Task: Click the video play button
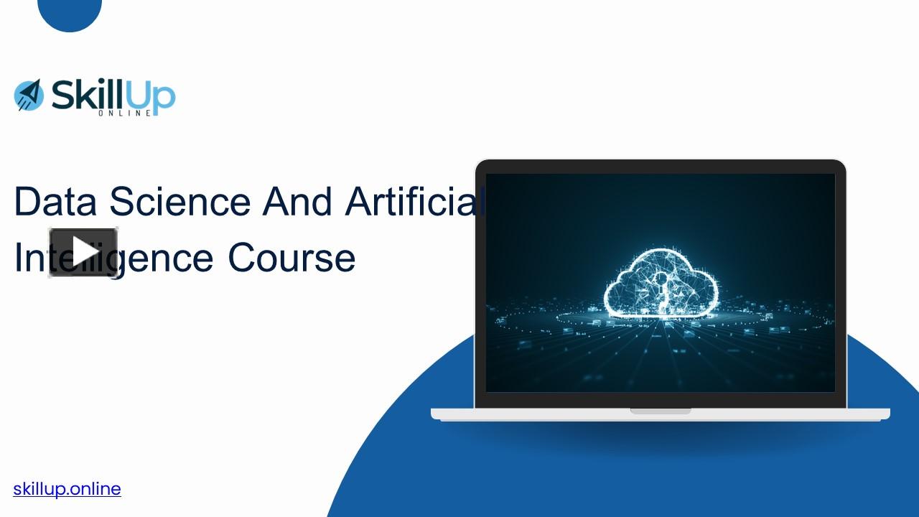pos(83,252)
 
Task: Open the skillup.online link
pos(67,489)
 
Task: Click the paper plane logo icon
pos(29,95)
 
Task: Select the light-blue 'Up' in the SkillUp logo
pos(153,96)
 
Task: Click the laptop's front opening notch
pos(661,411)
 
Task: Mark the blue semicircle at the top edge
pos(70,12)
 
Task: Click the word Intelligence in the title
pos(115,258)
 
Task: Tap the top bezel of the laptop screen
pos(661,167)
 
